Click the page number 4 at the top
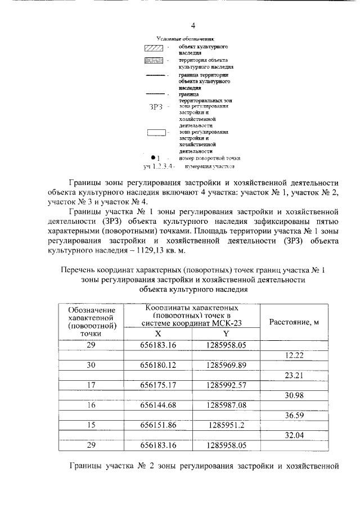tap(193, 26)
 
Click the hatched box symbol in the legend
tap(154, 47)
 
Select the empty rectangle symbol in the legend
tap(156, 133)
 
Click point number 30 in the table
tap(91, 366)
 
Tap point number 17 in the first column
tap(91, 385)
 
